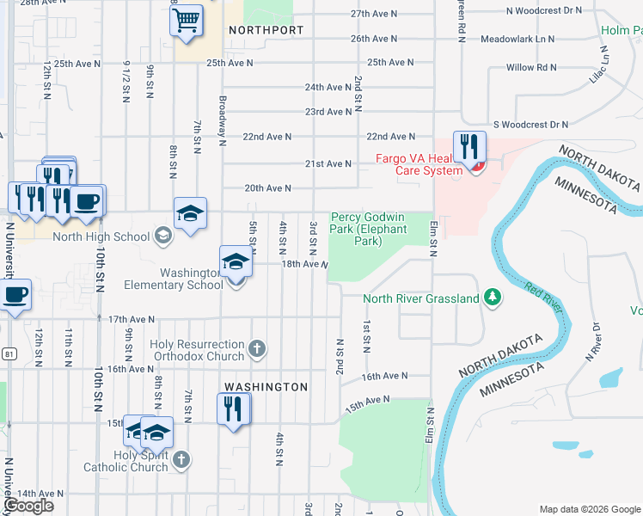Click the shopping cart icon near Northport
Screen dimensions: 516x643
[187, 20]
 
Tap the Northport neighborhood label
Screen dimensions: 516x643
[266, 30]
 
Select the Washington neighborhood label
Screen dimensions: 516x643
[266, 387]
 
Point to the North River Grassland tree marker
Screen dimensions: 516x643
[492, 298]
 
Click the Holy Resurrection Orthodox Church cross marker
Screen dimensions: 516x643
[256, 349]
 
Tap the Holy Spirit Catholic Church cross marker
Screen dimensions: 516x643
[181, 460]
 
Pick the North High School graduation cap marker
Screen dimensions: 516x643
[163, 236]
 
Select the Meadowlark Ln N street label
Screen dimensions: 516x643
[517, 40]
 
